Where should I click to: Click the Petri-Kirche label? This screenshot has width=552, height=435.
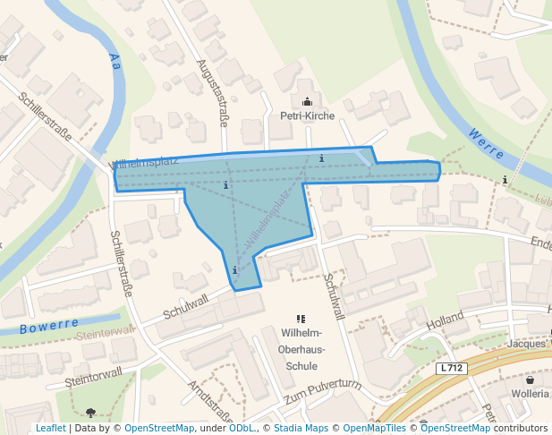click(x=308, y=115)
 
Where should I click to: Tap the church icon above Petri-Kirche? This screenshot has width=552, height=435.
click(x=308, y=101)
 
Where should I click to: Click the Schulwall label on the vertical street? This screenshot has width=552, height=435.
click(x=335, y=296)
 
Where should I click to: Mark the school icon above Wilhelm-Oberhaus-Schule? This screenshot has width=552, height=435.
click(x=301, y=319)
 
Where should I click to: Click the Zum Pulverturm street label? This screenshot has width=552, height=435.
click(x=321, y=392)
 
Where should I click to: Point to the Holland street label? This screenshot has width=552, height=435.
click(x=445, y=320)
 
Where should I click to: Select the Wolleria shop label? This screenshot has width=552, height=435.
click(x=531, y=394)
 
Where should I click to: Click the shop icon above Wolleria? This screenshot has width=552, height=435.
click(x=530, y=380)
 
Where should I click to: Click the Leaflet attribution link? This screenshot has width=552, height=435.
click(x=50, y=428)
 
